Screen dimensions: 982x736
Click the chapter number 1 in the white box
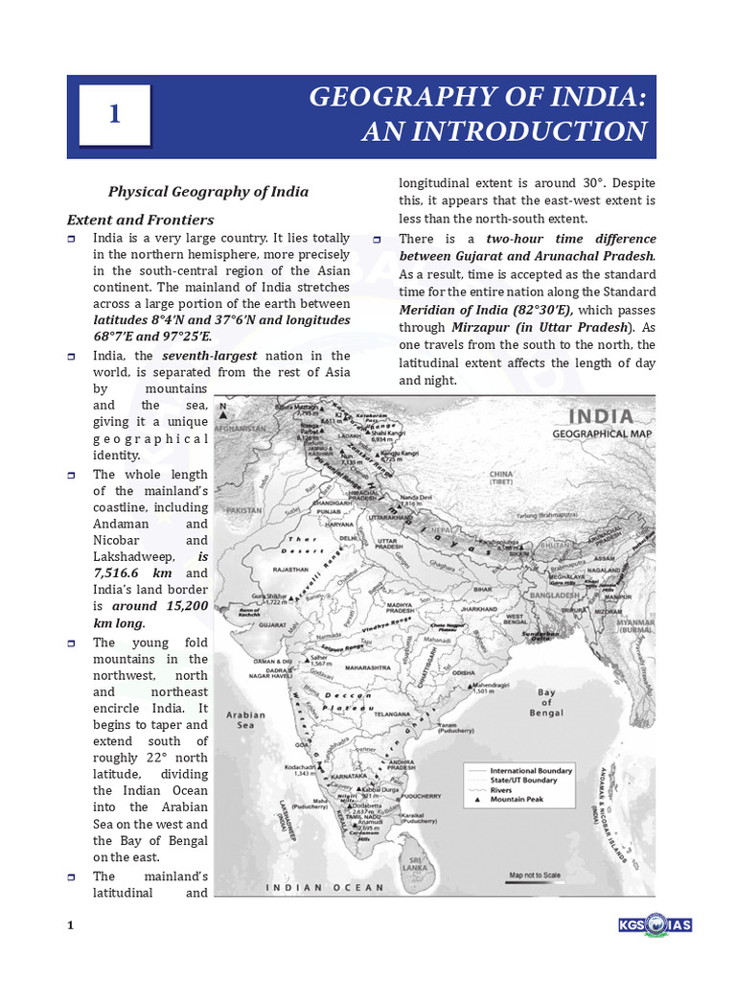(115, 115)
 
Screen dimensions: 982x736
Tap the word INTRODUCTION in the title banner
(504, 131)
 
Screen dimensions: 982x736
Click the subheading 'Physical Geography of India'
(208, 191)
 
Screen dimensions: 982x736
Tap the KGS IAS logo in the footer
(655, 924)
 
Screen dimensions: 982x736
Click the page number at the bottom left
(70, 925)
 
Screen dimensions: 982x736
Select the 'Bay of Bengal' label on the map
(545, 702)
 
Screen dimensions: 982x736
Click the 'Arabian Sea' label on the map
(245, 720)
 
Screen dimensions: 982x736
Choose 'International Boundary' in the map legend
(531, 770)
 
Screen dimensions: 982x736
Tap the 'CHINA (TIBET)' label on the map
(527, 478)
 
